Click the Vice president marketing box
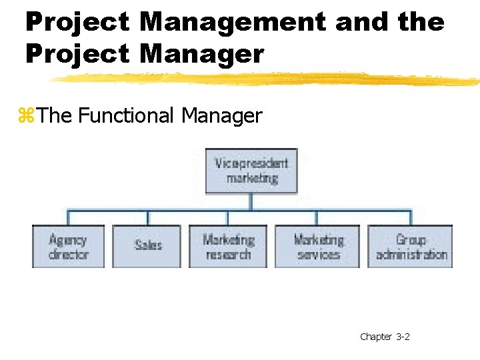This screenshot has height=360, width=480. point(251,171)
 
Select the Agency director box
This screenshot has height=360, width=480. point(68,246)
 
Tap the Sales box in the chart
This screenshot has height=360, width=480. point(147,246)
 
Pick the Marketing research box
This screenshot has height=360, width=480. point(228,246)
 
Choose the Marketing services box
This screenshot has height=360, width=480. point(318,246)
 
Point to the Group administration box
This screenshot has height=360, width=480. point(411,246)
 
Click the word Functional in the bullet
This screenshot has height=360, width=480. point(127,116)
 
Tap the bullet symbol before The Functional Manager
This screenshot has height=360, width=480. point(26,117)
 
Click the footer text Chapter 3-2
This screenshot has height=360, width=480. point(385,337)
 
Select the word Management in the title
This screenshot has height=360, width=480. point(233,22)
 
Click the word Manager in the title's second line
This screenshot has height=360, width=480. point(202,53)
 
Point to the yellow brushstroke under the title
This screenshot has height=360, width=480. point(267,79)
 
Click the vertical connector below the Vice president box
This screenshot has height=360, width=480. point(251,202)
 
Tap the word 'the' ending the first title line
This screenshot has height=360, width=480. point(421,22)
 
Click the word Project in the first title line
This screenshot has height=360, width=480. point(77,22)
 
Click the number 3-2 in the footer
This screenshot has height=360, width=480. point(403,337)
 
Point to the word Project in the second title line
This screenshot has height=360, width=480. point(77,53)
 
